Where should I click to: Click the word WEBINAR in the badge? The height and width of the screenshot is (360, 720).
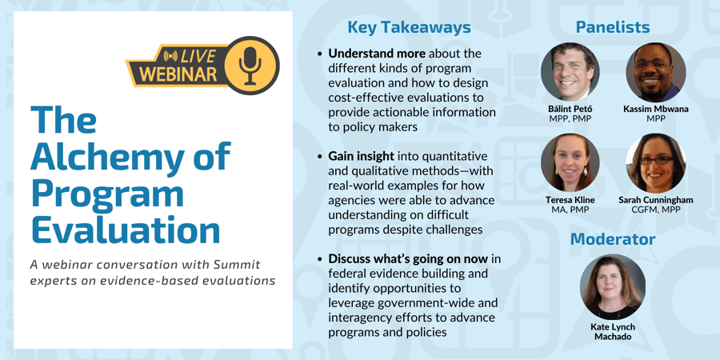[x=178, y=74]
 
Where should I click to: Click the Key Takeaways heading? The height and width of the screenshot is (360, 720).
[x=409, y=27]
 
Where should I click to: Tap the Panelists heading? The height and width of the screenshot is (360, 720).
[x=613, y=27]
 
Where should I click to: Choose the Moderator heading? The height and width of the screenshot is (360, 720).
[x=613, y=239]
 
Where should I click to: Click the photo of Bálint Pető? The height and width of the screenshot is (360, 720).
[x=570, y=72]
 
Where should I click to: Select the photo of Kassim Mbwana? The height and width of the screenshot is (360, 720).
[x=656, y=72]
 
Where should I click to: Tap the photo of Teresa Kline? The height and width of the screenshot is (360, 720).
[x=570, y=162]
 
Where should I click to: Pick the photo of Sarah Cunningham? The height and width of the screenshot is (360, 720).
[x=656, y=162]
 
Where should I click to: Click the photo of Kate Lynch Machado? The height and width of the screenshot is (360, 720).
[x=613, y=287]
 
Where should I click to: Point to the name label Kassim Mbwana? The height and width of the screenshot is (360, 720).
[x=656, y=110]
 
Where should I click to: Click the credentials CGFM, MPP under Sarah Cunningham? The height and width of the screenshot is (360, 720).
[x=656, y=210]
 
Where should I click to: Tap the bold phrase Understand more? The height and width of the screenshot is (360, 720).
[x=377, y=54]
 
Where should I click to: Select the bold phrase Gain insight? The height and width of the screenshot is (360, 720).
[x=361, y=157]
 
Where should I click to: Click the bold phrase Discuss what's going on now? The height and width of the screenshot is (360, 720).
[x=408, y=259]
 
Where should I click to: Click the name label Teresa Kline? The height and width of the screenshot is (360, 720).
[x=570, y=200]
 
